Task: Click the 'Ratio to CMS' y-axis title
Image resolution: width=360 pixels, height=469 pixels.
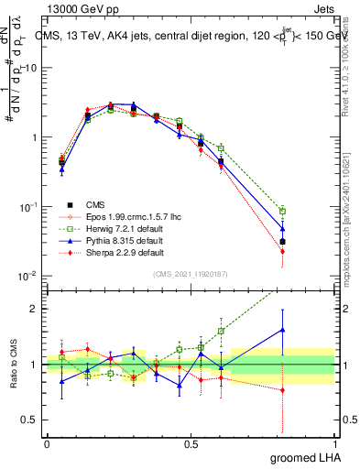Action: (12, 365)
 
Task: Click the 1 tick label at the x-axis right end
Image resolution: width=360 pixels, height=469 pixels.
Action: (333, 444)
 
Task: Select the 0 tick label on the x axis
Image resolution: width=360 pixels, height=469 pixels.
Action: (47, 444)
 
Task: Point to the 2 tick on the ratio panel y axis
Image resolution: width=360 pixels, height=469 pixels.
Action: (35, 309)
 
